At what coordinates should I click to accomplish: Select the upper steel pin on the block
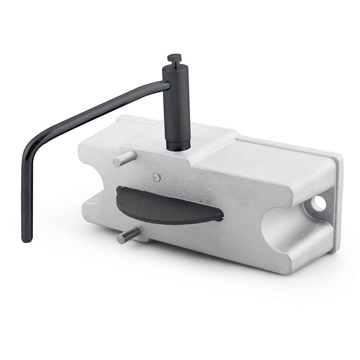click(x=124, y=158)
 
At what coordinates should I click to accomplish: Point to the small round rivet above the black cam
click(x=156, y=177)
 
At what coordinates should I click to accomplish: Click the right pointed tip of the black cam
click(x=222, y=217)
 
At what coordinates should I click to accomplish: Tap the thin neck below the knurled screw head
click(x=174, y=64)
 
